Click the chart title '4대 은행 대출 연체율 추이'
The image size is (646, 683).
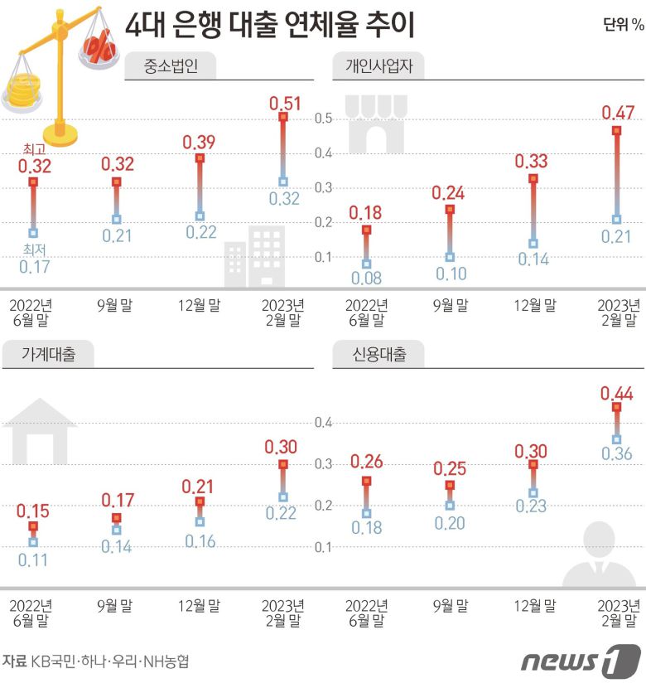(269, 26)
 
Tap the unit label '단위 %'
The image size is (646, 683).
(623, 24)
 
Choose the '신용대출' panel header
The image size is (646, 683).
(377, 355)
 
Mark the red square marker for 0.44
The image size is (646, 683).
(616, 407)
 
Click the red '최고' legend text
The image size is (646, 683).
(34, 149)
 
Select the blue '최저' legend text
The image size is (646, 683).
(34, 249)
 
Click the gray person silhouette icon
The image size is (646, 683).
(601, 557)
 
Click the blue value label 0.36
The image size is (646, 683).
(616, 454)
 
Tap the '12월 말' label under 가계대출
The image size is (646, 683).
(200, 605)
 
